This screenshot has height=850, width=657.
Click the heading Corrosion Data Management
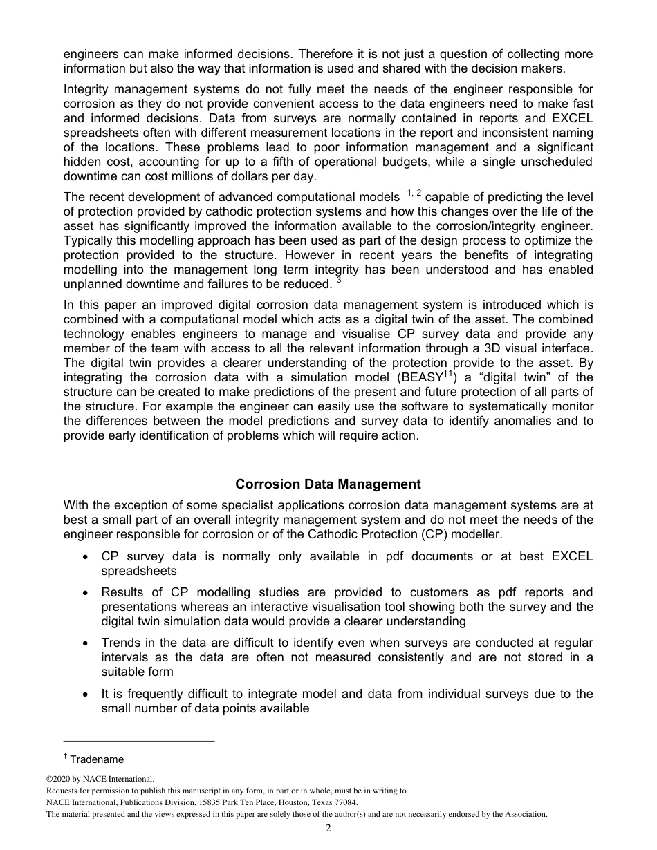pos(328,484)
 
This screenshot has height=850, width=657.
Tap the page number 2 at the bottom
pos(328,829)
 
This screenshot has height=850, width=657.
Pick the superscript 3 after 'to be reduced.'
pos(339,280)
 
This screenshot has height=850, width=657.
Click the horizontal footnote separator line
pos(139,742)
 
